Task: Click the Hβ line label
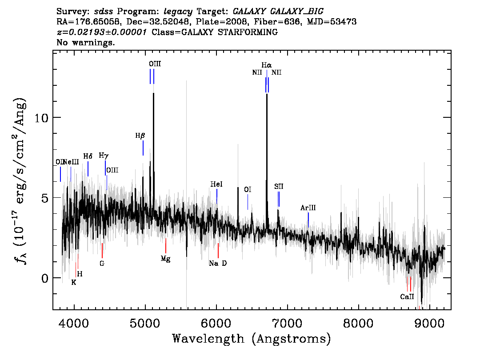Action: [140, 136]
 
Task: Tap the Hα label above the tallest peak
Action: [267, 65]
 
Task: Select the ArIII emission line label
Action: [308, 208]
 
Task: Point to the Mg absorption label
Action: [165, 259]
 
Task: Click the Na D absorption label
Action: [218, 263]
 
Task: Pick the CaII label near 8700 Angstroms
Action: [407, 297]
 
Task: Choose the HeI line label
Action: [216, 184]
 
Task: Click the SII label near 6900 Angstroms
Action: [279, 186]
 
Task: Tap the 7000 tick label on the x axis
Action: [287, 324]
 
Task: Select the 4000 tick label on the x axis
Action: [74, 324]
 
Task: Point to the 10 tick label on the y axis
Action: [41, 118]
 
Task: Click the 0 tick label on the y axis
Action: [45, 278]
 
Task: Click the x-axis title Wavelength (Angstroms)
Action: [252, 339]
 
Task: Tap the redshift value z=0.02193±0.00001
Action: [102, 32]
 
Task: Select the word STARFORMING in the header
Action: [248, 32]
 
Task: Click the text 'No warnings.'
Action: [85, 42]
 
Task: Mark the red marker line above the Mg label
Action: [165, 246]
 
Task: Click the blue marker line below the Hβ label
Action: [143, 148]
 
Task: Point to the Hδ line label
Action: [88, 156]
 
